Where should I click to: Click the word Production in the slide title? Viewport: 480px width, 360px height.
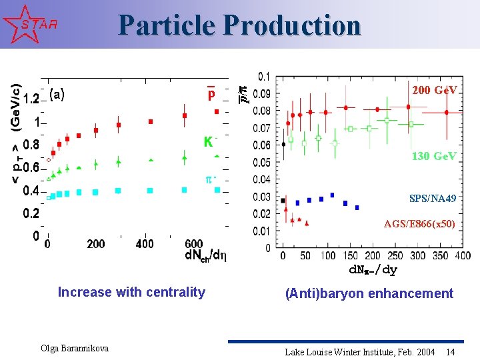292,25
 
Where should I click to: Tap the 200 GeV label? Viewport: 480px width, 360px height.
434,90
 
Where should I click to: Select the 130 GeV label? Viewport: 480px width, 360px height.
434,156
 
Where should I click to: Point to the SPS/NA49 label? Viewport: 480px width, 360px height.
433,199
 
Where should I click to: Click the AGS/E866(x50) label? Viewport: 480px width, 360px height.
419,224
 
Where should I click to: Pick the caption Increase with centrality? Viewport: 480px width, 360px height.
131,292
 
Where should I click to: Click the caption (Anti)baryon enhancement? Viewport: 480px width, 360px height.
369,293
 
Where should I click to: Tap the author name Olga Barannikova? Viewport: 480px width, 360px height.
75,348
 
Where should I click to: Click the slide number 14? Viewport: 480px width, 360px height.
451,351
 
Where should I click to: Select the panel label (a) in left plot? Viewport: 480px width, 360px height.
57,95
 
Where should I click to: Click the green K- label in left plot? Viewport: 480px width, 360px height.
209,142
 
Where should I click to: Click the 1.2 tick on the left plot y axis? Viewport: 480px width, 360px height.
31,99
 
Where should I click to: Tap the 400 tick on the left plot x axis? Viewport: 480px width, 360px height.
145,244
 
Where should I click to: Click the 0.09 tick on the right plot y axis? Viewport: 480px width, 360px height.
264,93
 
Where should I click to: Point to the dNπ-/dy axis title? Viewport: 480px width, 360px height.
373,270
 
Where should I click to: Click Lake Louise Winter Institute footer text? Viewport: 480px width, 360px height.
359,351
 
